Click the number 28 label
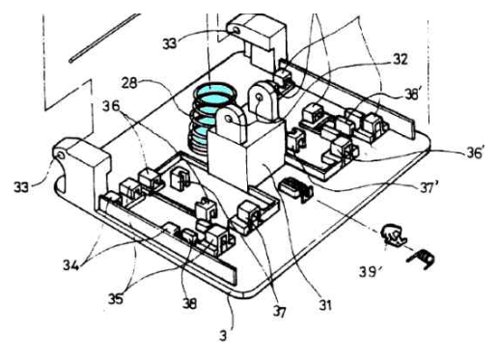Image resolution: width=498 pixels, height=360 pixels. tap(129, 83)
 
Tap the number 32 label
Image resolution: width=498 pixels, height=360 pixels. tap(401, 59)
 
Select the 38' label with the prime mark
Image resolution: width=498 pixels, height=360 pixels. tap(412, 95)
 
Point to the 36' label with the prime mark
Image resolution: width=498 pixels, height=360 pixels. tap(476, 152)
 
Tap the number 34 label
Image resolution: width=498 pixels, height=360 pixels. tap(70, 265)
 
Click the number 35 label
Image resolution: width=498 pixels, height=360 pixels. tap(116, 299)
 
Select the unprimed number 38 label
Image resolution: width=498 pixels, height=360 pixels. tap(189, 303)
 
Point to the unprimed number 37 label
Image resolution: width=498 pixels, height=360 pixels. tap(279, 312)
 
